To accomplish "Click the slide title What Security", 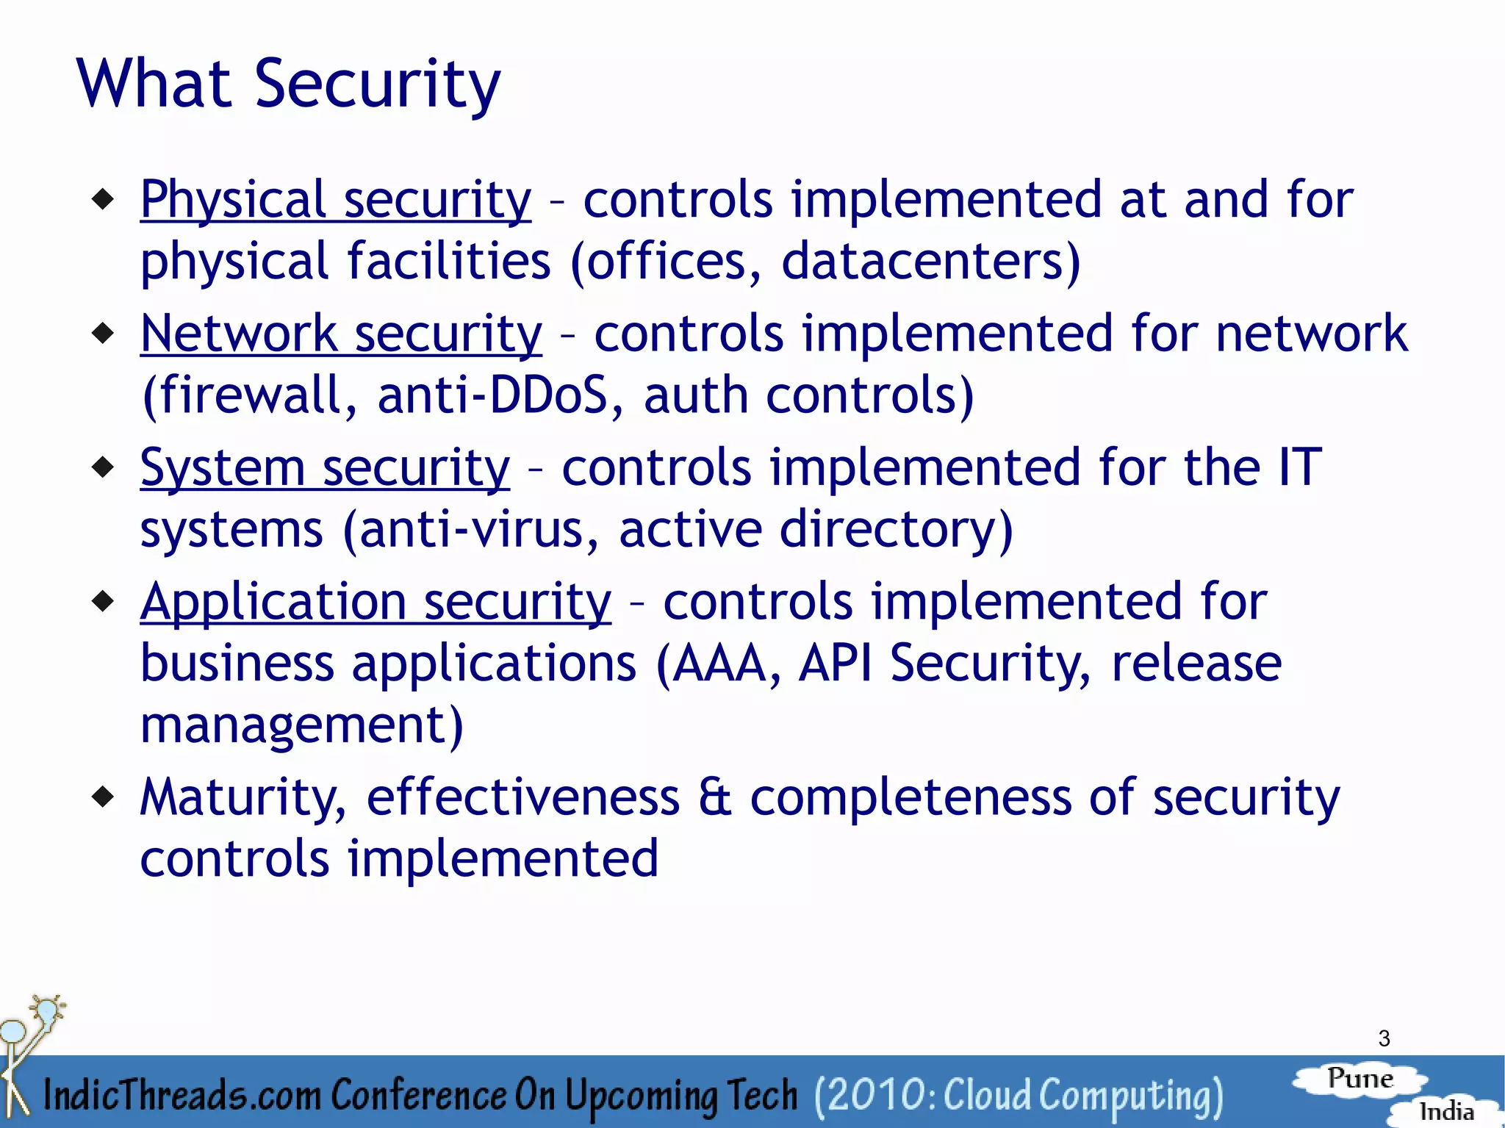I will point(288,84).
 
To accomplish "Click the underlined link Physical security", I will point(335,199).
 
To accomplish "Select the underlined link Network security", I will point(341,334).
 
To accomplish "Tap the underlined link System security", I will point(324,468).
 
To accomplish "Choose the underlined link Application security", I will point(375,602).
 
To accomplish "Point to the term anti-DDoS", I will point(492,395).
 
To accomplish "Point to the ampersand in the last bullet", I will point(714,798).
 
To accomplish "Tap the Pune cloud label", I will point(1360,1079).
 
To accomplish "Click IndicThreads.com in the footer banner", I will point(182,1095).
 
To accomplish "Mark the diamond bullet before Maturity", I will point(104,797).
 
